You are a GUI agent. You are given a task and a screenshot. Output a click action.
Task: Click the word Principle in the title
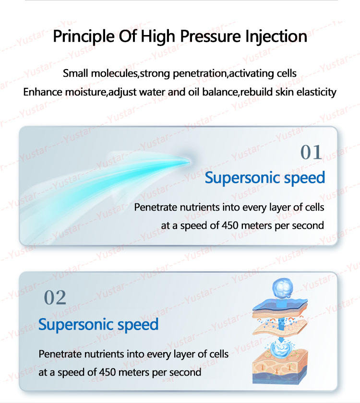click(x=84, y=36)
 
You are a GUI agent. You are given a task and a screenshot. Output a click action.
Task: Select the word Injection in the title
click(x=276, y=36)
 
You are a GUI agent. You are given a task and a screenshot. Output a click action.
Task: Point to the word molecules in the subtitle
click(x=115, y=73)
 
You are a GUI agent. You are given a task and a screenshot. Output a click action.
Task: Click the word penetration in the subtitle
click(x=200, y=74)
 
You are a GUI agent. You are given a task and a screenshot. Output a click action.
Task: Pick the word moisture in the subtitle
click(x=85, y=92)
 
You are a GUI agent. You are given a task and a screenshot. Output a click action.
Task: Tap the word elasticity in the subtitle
click(x=316, y=92)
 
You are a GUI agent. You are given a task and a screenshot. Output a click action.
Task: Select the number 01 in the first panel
click(x=311, y=152)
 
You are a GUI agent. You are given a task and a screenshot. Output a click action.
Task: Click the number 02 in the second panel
click(x=55, y=297)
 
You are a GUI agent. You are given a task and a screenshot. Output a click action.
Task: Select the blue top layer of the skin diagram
click(x=280, y=304)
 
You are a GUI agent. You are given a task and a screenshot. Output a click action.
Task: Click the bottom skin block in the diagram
click(x=280, y=367)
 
